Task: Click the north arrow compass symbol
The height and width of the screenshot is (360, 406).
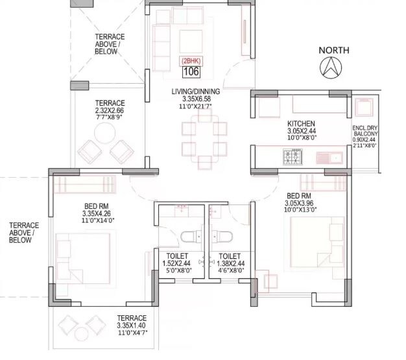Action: [333, 67]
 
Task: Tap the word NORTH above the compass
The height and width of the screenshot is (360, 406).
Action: [333, 50]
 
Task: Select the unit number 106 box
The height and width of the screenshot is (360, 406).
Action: [191, 71]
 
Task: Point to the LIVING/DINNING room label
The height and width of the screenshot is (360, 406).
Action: [196, 92]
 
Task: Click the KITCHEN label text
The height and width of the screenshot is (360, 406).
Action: [301, 123]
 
